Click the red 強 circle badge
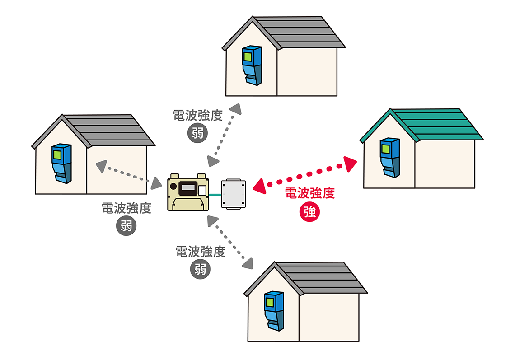tap(309, 213)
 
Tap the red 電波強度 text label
tap(309, 194)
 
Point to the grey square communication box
tap(234, 194)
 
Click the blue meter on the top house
tap(252, 65)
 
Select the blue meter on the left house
tap(61, 164)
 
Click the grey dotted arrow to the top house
tap(225, 135)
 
